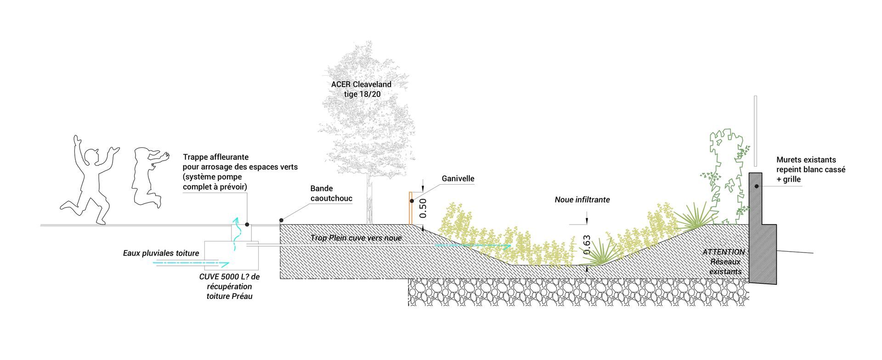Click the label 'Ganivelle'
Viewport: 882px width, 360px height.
coord(458,179)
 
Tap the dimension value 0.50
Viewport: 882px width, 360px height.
coord(424,208)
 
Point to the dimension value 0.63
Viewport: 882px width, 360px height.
coord(587,245)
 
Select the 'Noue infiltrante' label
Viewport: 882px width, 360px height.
coord(582,200)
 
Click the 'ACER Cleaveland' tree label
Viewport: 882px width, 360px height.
coord(361,84)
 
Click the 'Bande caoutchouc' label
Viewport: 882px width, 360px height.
coord(331,193)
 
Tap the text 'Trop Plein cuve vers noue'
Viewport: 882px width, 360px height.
coord(356,238)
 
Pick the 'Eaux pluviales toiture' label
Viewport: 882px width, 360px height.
coord(161,253)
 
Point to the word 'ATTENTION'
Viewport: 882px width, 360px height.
coord(724,252)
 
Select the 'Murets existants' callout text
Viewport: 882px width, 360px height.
coord(806,160)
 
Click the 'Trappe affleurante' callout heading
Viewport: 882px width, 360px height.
coord(215,157)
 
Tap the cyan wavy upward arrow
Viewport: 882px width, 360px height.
coord(237,234)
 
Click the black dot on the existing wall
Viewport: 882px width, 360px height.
coord(757,186)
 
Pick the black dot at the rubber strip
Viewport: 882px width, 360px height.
coord(281,220)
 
